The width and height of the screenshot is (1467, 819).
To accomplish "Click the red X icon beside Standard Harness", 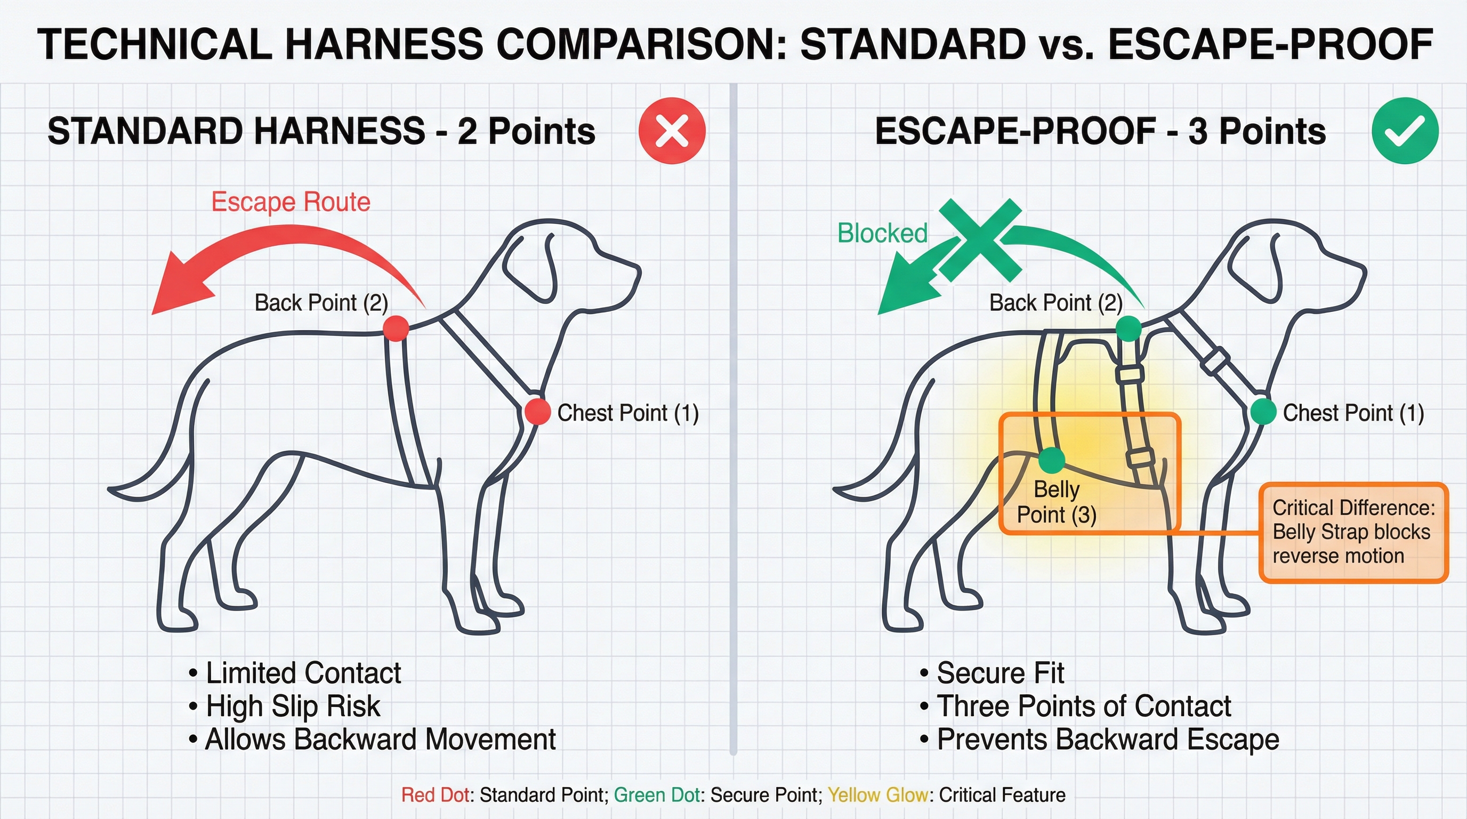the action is (x=672, y=131).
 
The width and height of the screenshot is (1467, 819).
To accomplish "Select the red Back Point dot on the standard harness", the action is (x=396, y=328).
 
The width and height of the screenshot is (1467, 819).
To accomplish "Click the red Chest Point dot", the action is (x=537, y=411).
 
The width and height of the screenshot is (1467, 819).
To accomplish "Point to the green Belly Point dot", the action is (x=1051, y=460).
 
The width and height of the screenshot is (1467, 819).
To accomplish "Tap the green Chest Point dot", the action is (x=1264, y=411).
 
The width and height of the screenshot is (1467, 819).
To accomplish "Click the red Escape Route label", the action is (x=291, y=202).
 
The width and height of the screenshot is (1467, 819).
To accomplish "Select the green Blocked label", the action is (x=882, y=233).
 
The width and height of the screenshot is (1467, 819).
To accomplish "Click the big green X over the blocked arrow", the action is (x=980, y=240).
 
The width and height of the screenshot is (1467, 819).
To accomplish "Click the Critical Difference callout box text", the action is (x=1353, y=532).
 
